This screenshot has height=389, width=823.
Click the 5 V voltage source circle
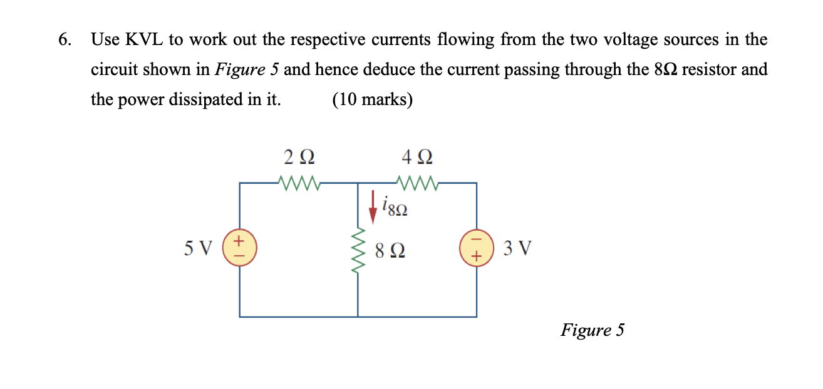[x=239, y=249]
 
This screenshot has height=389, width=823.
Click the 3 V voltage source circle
[x=477, y=249]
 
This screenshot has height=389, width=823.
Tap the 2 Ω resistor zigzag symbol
[x=298, y=183]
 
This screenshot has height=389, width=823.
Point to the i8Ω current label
[x=395, y=206]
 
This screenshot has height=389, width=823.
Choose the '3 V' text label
[x=518, y=249]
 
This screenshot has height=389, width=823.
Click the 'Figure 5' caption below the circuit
[x=592, y=330]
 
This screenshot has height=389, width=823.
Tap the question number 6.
[x=64, y=40]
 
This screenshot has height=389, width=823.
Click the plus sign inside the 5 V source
[x=239, y=241]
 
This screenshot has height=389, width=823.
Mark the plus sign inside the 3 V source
[x=477, y=256]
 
